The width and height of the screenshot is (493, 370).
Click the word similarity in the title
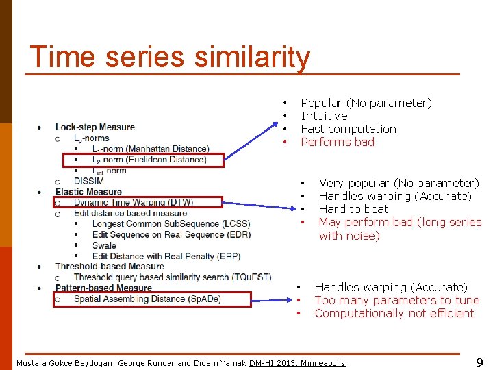tap(253, 58)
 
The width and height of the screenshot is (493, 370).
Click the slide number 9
tap(479, 362)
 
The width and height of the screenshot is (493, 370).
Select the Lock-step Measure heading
tap(95, 127)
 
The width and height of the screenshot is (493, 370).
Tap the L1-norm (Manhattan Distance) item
tap(151, 149)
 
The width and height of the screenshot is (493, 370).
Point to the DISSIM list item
tap(88, 181)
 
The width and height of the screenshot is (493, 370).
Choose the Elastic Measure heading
tap(88, 192)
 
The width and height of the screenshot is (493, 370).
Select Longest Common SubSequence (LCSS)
tap(171, 224)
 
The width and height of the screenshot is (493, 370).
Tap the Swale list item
tap(104, 245)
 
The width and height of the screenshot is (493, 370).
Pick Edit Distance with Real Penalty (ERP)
tap(166, 256)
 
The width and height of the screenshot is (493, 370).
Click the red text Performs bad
tap(338, 142)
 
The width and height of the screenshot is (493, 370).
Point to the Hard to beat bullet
tap(353, 209)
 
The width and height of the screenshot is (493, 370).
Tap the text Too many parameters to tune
tap(397, 301)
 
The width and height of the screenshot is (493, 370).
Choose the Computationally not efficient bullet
tap(394, 313)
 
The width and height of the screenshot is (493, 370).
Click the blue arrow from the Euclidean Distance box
tap(251, 141)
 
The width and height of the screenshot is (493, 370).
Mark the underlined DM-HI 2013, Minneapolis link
tap(297, 363)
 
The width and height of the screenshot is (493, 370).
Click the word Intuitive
tap(324, 116)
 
